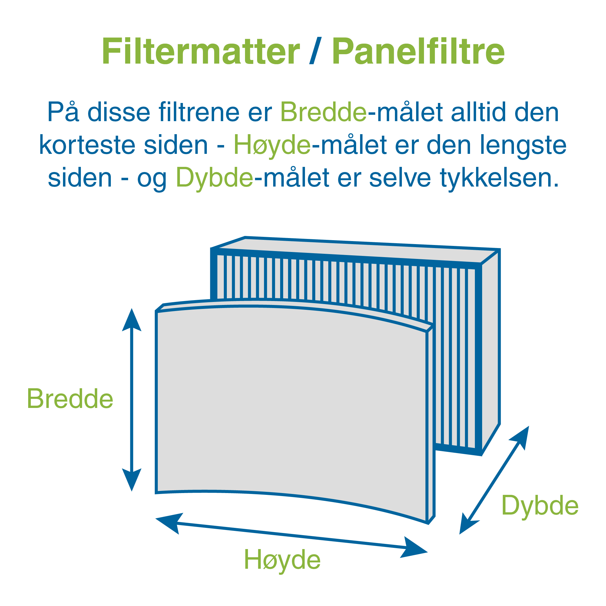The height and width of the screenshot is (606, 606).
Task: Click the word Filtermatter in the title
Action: pos(201,51)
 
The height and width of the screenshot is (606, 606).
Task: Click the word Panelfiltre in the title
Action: pos(419,51)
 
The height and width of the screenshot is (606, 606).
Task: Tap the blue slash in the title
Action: pos(316,51)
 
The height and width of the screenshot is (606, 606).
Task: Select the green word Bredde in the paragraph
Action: pos(323,112)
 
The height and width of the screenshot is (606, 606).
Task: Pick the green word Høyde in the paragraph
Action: pos(272,146)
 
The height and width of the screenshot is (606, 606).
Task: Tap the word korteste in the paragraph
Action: pos(88,146)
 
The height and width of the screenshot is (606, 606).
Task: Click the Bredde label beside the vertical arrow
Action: pos(70,399)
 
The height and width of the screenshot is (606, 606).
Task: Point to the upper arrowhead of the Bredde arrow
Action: pos(132,320)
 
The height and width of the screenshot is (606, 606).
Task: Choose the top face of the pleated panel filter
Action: pos(356,250)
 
